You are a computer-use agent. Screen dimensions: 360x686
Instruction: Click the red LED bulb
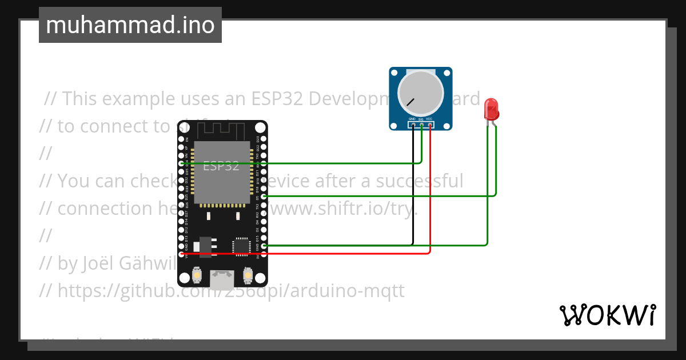click(490, 109)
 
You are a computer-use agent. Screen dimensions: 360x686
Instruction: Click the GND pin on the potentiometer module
click(413, 124)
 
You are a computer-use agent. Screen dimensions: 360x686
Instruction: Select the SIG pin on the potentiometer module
click(421, 124)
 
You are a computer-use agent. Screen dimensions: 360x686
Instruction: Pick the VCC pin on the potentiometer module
click(429, 124)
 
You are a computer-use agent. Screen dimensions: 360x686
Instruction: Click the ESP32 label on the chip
click(221, 166)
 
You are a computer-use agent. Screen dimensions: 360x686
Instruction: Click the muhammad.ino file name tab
click(130, 25)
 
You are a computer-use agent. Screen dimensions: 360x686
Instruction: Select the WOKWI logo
click(608, 315)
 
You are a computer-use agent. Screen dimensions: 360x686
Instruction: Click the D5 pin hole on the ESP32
click(264, 196)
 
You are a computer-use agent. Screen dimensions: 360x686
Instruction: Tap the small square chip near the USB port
click(241, 246)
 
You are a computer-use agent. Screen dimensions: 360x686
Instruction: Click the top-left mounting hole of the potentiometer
click(394, 73)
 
